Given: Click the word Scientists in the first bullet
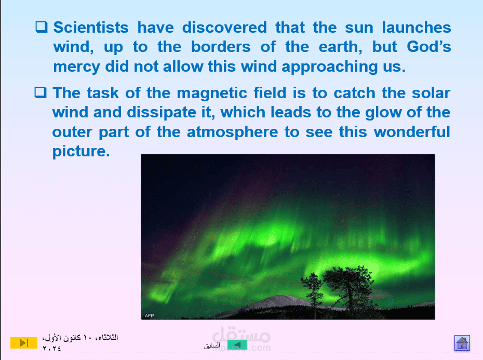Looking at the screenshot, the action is tap(91, 28).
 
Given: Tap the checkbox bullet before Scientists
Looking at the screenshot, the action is tap(41, 27).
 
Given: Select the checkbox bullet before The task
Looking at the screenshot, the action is tap(41, 92).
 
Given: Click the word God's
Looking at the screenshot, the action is tap(429, 47).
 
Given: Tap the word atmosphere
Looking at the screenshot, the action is tap(233, 132).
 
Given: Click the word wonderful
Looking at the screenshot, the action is tap(412, 132).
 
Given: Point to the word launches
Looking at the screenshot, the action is tap(417, 28).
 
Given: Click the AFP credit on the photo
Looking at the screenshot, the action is tap(150, 316).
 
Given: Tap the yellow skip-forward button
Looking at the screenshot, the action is tap(24, 343).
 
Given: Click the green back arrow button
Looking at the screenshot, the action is tap(237, 345).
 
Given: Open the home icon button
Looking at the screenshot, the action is tap(462, 343).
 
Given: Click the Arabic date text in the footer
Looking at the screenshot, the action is tap(80, 343).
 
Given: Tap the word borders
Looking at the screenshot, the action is tap(221, 47).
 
